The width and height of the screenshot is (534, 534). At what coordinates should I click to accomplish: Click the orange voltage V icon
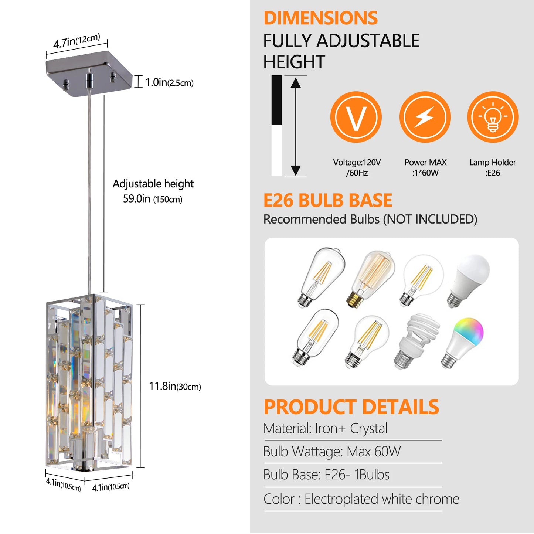(356, 117)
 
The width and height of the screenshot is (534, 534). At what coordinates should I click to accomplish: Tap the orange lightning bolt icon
(425, 117)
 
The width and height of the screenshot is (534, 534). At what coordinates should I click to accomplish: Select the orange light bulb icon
(493, 117)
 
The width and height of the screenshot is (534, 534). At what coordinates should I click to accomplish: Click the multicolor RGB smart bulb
(463, 342)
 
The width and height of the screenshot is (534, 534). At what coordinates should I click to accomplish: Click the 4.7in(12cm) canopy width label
(76, 41)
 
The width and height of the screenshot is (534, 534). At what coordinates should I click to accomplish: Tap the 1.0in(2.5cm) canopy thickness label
(169, 82)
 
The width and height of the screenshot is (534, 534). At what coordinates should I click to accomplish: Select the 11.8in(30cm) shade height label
(175, 387)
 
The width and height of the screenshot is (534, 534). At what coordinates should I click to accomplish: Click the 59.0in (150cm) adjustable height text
(153, 199)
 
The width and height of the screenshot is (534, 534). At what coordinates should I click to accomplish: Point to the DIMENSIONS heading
(320, 18)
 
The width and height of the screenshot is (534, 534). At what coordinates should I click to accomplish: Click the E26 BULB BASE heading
(327, 201)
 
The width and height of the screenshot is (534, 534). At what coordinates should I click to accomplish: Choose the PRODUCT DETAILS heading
(351, 407)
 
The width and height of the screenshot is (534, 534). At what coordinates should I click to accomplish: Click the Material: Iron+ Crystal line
(325, 429)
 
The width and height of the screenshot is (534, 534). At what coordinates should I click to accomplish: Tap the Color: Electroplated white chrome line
(361, 499)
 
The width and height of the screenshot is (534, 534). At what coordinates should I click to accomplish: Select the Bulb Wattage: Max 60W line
(332, 452)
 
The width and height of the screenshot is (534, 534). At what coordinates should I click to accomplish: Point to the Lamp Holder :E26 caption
(493, 167)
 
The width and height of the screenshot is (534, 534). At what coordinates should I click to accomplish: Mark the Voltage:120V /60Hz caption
(357, 167)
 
